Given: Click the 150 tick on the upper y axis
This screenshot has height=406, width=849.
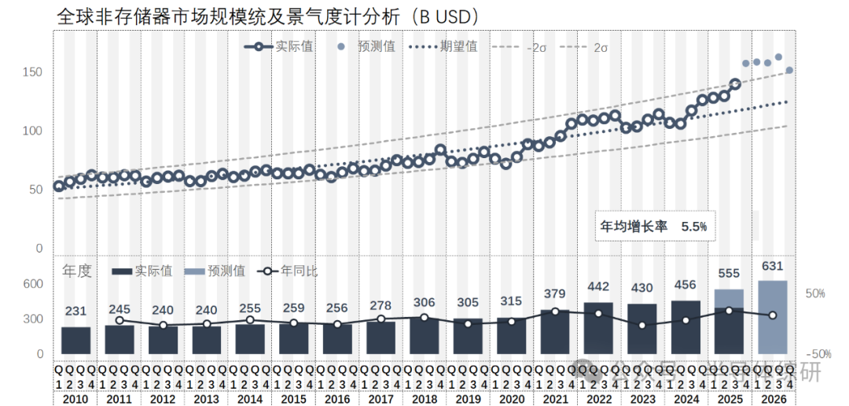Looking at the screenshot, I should point(31,72).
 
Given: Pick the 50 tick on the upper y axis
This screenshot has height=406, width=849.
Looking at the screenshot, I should point(35,190).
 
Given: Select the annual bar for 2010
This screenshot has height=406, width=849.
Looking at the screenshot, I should point(75,340).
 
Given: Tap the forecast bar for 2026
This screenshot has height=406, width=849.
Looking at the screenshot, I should point(772,317).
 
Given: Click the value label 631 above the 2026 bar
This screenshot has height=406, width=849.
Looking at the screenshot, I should point(772,265).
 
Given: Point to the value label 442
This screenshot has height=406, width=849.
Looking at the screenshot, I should point(599,287).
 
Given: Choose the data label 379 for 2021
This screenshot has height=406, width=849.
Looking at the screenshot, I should point(555,294).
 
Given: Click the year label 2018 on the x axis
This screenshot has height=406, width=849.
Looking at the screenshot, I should point(424,399).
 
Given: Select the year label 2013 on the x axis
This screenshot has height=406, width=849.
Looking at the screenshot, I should point(206,399).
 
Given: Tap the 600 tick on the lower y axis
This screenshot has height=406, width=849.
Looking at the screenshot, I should point(32,284).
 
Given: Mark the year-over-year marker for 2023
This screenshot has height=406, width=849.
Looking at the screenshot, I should point(642,325).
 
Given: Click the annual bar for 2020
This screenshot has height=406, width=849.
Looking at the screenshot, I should point(511,335).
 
